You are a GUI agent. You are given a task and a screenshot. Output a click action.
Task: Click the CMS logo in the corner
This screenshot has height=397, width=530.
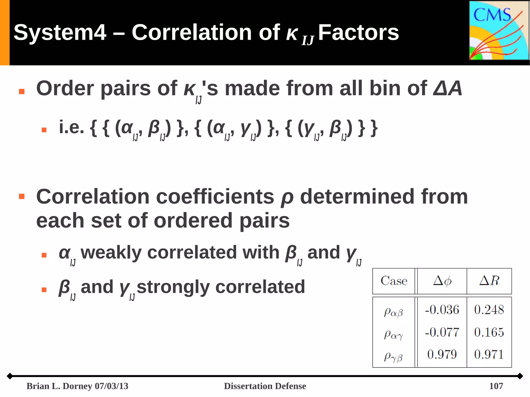tap(499, 31)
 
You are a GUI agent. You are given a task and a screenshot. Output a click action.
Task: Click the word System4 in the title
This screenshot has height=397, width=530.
tap(60, 33)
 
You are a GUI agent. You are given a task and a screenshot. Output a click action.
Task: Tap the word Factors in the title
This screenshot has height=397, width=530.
tap(358, 33)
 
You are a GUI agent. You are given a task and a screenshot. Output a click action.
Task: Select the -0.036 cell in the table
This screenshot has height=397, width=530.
tap(442, 310)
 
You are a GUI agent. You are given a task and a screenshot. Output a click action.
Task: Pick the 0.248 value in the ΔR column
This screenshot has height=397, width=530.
tap(489, 310)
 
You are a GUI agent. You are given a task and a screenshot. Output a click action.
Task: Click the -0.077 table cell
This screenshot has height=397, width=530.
tap(442, 332)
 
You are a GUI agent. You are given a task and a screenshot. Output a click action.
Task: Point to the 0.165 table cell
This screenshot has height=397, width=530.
tap(489, 332)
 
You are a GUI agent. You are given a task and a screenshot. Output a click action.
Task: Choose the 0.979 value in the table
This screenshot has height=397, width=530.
tap(442, 354)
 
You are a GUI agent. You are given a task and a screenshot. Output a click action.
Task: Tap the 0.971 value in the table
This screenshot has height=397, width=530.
tap(489, 354)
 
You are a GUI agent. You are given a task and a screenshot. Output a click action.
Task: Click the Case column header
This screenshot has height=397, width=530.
tap(394, 281)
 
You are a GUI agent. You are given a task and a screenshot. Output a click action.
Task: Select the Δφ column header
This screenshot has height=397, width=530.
tap(442, 281)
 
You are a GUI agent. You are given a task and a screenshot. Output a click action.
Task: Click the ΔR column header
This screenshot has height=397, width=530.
tap(489, 281)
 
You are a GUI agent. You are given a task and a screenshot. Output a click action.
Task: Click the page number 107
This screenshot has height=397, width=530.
tap(496, 386)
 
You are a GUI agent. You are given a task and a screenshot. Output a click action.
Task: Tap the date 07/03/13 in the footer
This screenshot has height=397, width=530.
tap(112, 386)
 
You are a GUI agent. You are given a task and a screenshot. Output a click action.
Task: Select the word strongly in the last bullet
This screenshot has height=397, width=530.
tap(173, 287)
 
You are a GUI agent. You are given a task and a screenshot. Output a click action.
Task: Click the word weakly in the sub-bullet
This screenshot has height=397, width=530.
tap(111, 252)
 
